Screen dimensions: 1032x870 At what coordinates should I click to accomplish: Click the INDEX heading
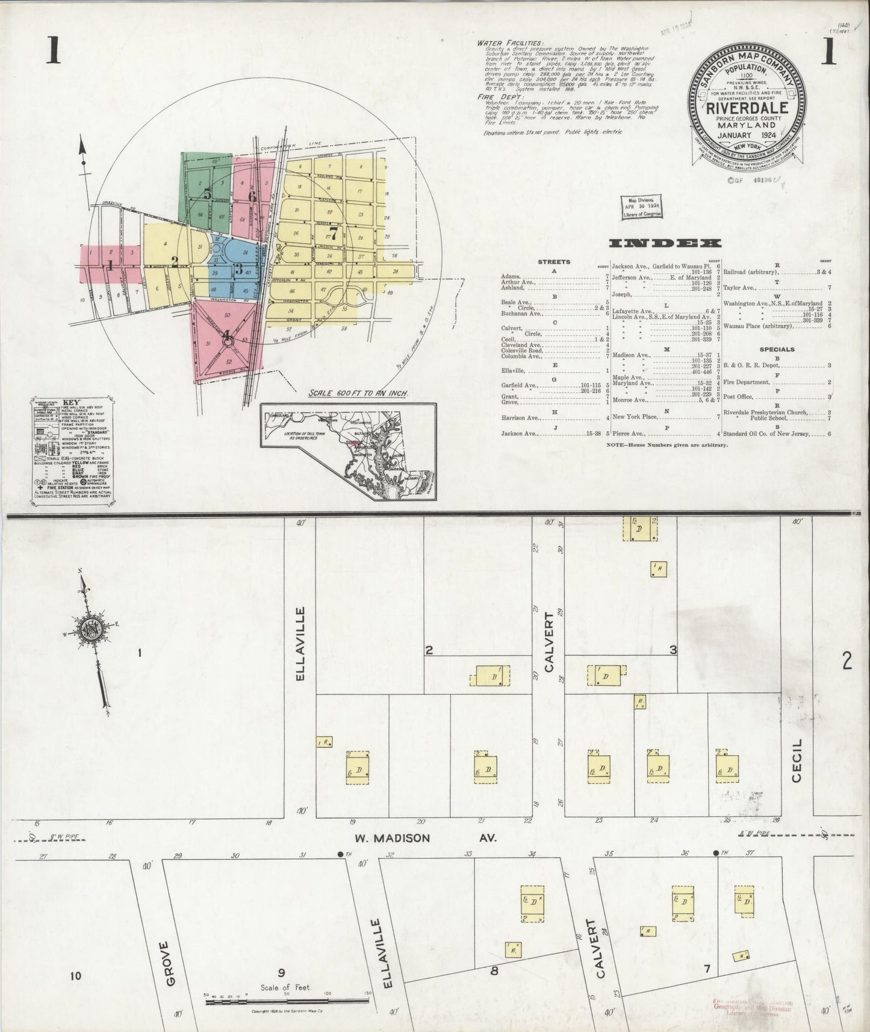tap(665, 243)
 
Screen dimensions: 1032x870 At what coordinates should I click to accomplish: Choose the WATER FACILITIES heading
tap(509, 43)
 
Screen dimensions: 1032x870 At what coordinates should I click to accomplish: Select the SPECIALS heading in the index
tap(777, 349)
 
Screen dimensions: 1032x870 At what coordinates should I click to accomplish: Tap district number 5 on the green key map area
tap(207, 194)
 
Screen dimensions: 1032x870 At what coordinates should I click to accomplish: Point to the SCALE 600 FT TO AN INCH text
tap(359, 393)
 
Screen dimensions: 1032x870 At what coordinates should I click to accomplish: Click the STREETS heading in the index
tap(553, 263)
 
